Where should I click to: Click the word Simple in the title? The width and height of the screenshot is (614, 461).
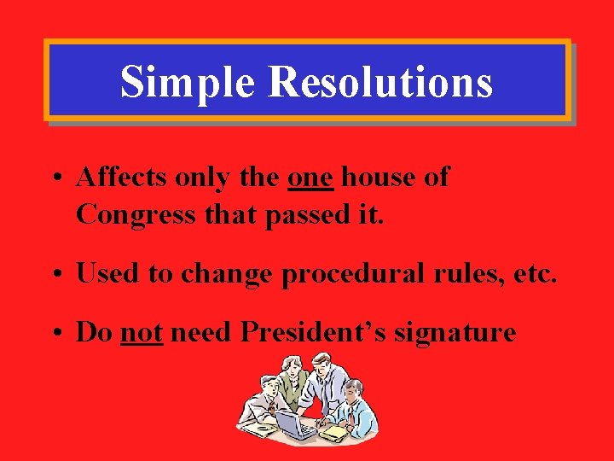click(187, 83)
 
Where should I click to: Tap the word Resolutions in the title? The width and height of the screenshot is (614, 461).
click(379, 83)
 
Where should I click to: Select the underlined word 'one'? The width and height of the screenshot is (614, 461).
click(311, 178)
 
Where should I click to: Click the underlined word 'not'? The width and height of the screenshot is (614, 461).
click(142, 332)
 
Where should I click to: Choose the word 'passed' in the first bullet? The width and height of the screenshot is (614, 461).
click(304, 214)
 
